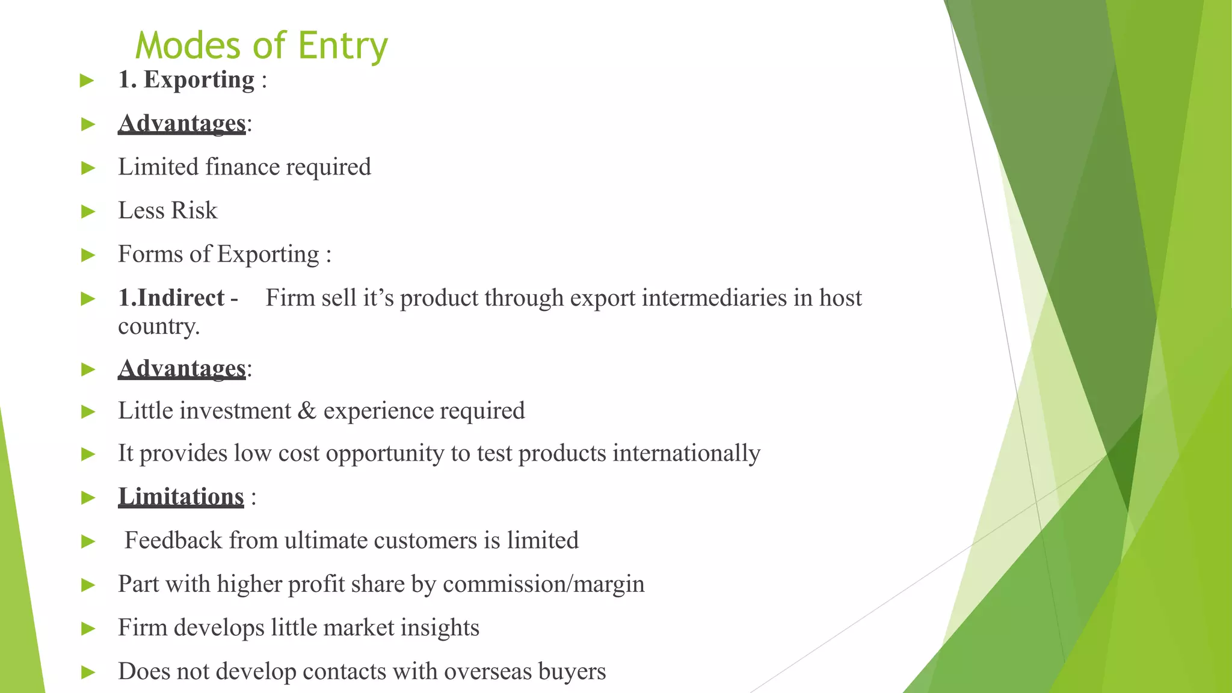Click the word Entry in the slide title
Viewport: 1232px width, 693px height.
click(x=343, y=46)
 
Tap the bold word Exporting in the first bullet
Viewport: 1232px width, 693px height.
click(x=199, y=80)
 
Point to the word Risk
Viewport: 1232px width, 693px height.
click(x=194, y=211)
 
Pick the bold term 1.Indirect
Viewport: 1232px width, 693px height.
click(x=171, y=298)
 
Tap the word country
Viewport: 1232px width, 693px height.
click(x=158, y=326)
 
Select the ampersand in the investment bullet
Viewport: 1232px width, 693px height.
click(x=307, y=411)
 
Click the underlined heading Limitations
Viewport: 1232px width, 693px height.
click(x=181, y=497)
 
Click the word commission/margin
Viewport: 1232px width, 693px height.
click(x=543, y=584)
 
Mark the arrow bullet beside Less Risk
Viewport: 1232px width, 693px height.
click(x=88, y=211)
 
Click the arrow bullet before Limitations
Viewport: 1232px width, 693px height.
click(x=88, y=497)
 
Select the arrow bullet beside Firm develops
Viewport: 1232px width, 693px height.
click(x=88, y=629)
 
